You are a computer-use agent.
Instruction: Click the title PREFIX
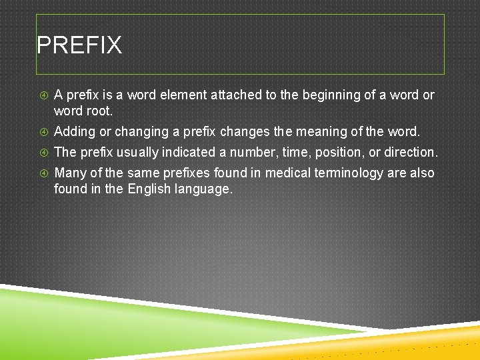point(79,45)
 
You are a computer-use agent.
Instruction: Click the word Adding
point(75,131)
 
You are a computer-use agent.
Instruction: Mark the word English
point(149,189)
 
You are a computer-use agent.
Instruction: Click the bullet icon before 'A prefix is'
point(44,95)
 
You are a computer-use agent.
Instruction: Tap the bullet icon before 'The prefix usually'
point(44,153)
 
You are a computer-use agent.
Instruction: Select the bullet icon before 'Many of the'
point(44,173)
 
